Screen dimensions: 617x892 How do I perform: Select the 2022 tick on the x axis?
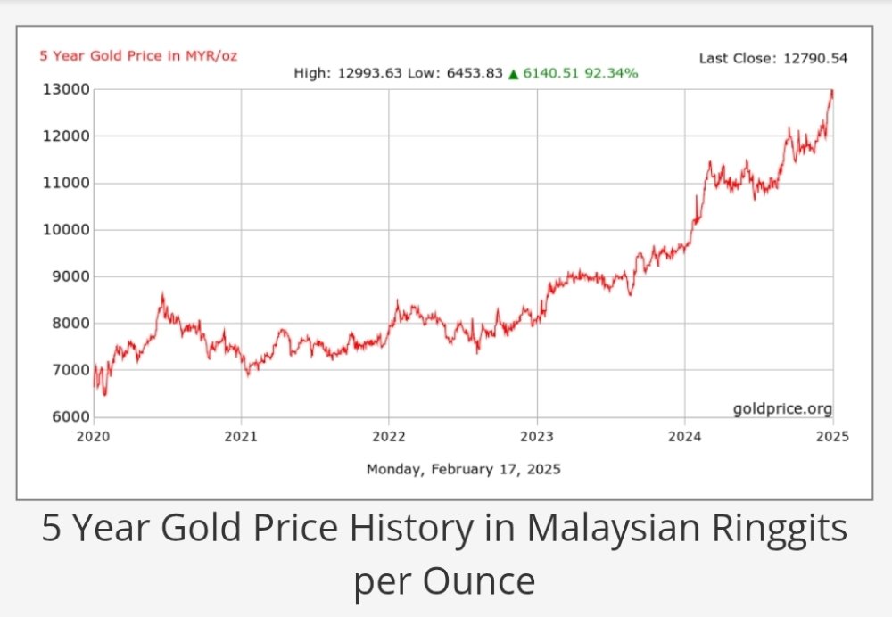pos(389,437)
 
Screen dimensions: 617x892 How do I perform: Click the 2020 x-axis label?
pos(93,437)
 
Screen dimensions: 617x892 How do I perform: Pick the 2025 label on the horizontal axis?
pos(832,437)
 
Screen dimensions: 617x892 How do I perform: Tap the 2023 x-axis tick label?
pos(537,437)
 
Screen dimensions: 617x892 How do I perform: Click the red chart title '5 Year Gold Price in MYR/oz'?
pos(138,55)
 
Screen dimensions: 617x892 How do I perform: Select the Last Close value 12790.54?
pos(815,59)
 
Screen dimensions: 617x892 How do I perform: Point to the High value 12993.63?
pos(370,73)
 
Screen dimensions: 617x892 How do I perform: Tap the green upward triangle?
pos(513,73)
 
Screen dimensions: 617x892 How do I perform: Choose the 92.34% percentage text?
pos(611,73)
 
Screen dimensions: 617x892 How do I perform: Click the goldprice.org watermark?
pos(782,409)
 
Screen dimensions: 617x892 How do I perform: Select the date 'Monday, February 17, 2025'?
pos(464,468)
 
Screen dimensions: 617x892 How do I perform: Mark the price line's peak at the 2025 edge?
pos(831,90)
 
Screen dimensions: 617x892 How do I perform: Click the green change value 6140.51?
pos(551,73)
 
